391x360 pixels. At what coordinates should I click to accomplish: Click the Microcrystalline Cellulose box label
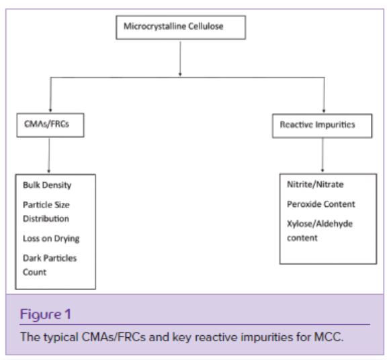click(173, 26)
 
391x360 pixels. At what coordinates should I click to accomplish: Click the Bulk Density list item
click(47, 185)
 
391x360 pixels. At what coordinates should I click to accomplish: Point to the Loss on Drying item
click(51, 238)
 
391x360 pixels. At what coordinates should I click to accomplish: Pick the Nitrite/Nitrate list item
click(315, 185)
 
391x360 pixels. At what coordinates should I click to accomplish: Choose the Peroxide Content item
click(321, 204)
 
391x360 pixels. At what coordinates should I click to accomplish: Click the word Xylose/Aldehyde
click(320, 224)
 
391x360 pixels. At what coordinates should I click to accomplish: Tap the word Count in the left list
click(35, 272)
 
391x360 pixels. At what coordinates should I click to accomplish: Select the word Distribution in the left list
click(46, 219)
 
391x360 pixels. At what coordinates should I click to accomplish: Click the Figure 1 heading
click(46, 314)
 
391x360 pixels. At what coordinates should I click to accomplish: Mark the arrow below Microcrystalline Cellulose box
click(180, 58)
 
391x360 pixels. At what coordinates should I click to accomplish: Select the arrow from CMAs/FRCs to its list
click(49, 155)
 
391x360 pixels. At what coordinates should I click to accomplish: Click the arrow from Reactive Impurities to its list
click(322, 155)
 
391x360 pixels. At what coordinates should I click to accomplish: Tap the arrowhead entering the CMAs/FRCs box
click(50, 110)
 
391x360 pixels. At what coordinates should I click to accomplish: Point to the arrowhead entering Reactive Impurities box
click(324, 111)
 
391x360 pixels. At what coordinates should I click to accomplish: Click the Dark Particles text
click(50, 258)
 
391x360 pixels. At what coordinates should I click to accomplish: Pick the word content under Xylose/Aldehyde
click(302, 238)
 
